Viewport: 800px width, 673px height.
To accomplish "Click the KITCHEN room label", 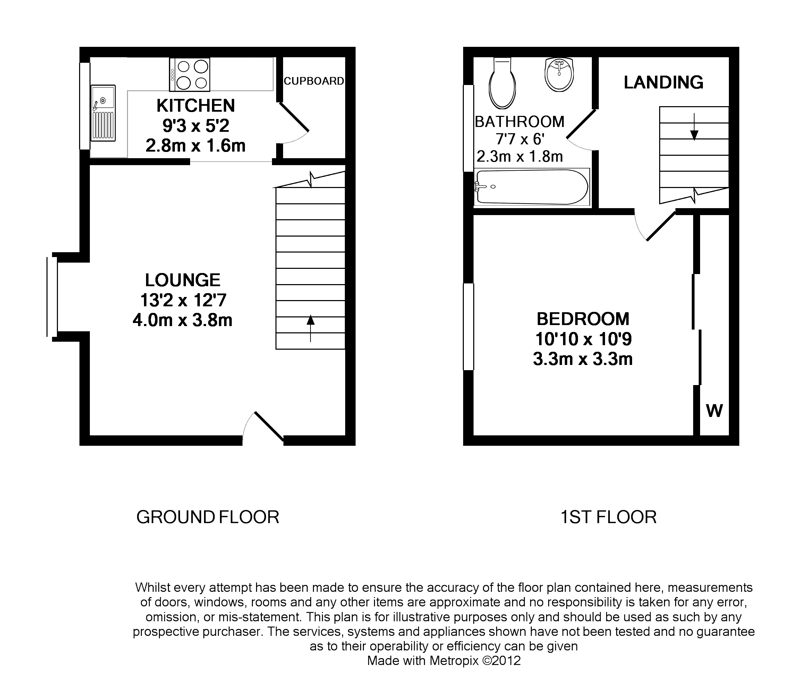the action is click(x=195, y=106).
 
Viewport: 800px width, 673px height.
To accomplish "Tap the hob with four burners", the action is click(x=190, y=75).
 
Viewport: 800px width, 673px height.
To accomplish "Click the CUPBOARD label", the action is click(x=314, y=81).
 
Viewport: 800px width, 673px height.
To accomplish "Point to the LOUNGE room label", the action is click(x=183, y=280).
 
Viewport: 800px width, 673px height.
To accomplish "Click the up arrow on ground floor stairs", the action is click(x=310, y=328).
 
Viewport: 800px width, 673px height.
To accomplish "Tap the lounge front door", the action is click(x=269, y=426).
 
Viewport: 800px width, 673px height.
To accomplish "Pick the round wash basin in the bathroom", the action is click(x=559, y=75).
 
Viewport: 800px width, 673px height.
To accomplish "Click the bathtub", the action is click(x=532, y=187).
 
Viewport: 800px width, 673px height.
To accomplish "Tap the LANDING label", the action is click(x=663, y=83).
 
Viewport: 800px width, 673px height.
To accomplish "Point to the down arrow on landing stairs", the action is click(x=694, y=127).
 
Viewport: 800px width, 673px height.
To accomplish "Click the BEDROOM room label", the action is click(x=583, y=318).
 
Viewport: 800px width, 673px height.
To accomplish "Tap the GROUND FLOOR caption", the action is click(x=208, y=517).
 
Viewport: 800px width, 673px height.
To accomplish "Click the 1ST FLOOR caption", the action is click(x=608, y=517).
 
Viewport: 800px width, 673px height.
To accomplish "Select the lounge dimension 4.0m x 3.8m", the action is click(x=182, y=320).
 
